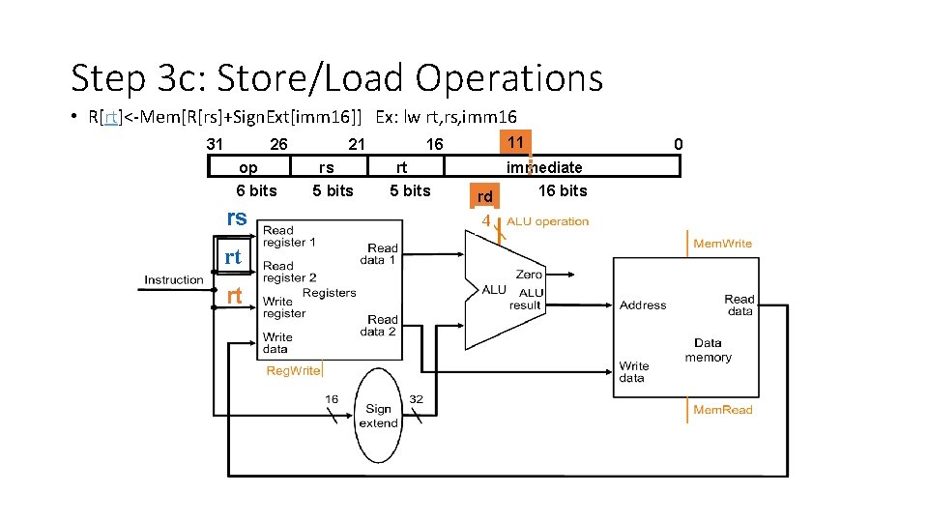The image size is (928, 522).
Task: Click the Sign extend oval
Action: tap(378, 416)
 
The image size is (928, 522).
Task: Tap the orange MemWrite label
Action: tap(723, 244)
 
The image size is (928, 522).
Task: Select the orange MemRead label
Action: tap(723, 410)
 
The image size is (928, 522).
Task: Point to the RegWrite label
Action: tap(293, 370)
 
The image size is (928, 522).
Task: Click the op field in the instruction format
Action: tap(249, 166)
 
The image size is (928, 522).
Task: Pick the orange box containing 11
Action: tap(515, 143)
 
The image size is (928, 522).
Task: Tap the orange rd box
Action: tap(484, 196)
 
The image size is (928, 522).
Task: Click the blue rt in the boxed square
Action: tap(233, 256)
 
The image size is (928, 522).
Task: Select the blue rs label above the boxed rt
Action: tap(237, 217)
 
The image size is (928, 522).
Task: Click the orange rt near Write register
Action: tap(234, 296)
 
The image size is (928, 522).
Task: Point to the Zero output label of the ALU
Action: tap(529, 275)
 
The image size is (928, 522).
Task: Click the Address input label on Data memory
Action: tap(643, 305)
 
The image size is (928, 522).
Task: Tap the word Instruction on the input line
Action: tap(173, 280)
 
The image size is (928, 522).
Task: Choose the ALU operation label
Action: tap(547, 221)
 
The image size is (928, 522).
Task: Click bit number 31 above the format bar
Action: tap(215, 144)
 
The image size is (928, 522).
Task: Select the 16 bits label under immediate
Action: tap(563, 190)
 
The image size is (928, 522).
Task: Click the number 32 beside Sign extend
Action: tap(416, 399)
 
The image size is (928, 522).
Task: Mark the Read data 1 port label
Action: tap(379, 254)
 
